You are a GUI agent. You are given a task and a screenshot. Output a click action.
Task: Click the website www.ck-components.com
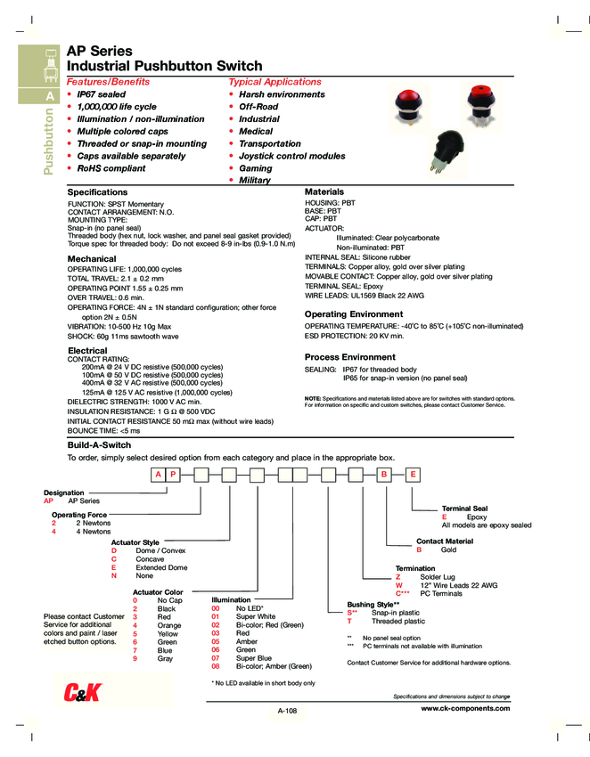464,708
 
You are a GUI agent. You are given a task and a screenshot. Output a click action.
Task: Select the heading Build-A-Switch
100,444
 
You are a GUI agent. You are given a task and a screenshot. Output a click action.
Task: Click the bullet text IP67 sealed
101,94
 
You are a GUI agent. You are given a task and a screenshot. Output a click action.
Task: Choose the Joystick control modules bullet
291,156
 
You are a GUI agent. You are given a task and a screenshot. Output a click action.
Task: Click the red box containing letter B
384,475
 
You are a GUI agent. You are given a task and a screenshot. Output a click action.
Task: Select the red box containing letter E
413,475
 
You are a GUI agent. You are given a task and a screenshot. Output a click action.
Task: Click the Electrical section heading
87,351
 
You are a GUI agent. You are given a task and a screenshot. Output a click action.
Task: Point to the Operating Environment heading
354,314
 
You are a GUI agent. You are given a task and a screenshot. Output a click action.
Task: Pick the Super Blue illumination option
254,657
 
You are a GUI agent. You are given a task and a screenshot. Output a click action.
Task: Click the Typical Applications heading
275,81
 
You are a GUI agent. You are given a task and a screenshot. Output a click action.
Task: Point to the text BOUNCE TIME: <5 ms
104,430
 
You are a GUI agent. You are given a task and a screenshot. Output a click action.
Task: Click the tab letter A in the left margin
51,95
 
